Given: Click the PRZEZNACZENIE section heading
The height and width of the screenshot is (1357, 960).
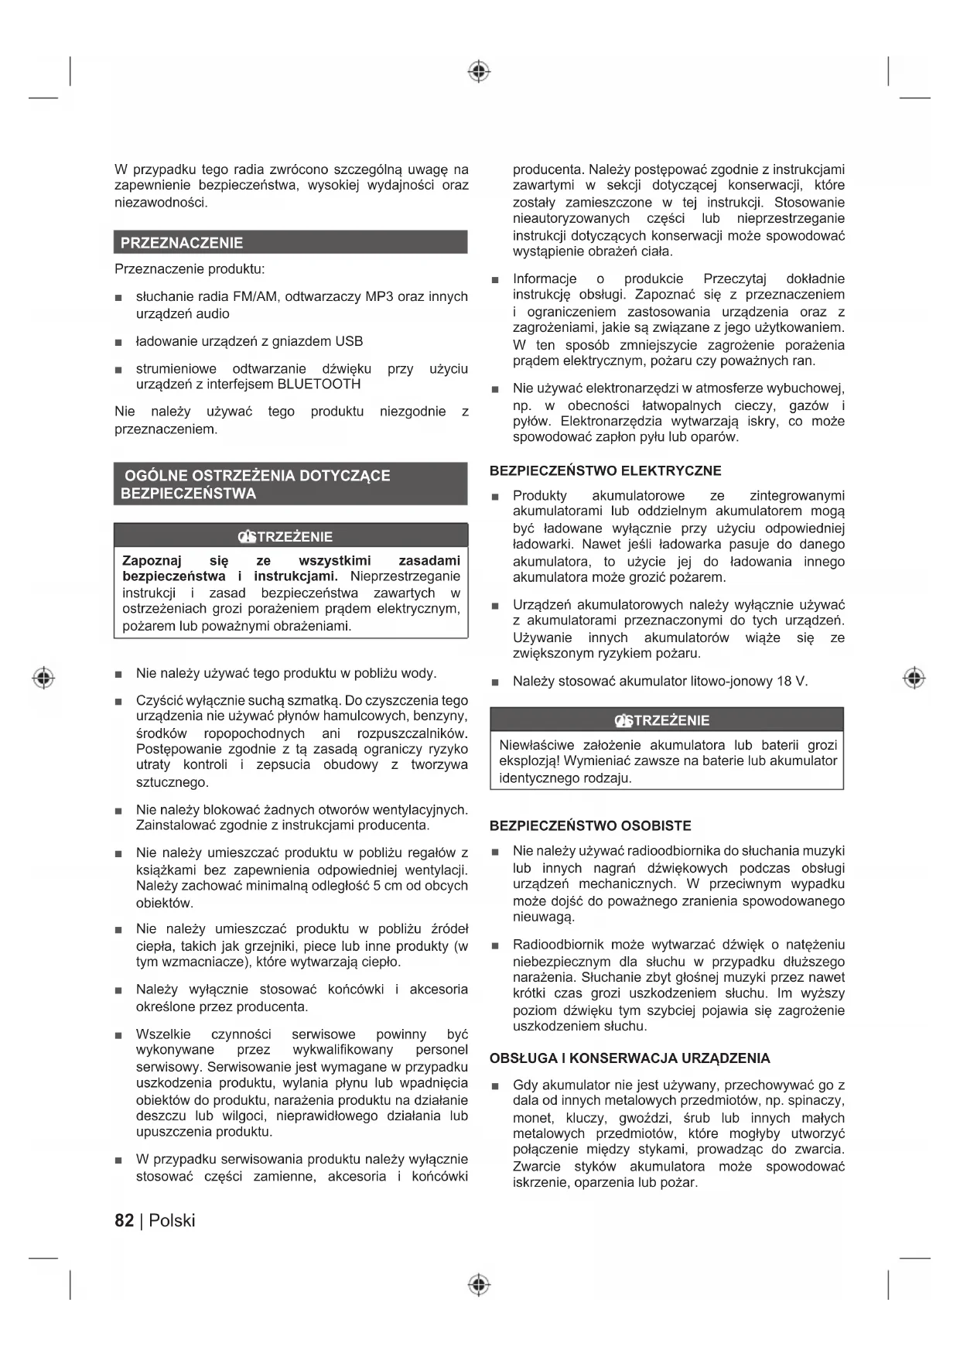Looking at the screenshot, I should [x=182, y=243].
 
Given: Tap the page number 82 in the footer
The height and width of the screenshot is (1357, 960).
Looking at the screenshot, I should [x=124, y=1221].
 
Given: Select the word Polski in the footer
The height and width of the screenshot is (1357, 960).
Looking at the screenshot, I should [x=172, y=1221].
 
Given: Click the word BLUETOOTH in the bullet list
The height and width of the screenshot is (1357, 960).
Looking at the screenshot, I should [x=319, y=385].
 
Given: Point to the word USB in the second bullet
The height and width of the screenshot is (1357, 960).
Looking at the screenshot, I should [x=349, y=341].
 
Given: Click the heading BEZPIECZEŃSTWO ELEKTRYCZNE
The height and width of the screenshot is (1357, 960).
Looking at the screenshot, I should [x=605, y=470].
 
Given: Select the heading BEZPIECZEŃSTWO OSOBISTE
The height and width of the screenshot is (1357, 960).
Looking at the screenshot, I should [x=590, y=825].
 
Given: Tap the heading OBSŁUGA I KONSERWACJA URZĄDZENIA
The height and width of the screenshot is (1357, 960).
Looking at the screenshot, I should [x=630, y=1058].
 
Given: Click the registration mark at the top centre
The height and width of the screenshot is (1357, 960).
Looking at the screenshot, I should [x=480, y=72].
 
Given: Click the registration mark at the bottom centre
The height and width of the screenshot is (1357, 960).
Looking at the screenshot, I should [x=480, y=1285].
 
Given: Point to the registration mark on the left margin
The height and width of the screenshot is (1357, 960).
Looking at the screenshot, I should [x=44, y=678].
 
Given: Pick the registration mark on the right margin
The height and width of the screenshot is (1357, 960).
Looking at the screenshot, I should [x=914, y=678].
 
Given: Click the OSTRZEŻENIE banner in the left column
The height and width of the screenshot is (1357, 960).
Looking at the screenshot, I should [x=291, y=536].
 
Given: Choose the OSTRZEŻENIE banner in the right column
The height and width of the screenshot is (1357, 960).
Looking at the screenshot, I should [x=667, y=720].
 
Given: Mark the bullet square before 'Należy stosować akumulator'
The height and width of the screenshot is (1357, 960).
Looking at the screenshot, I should [x=495, y=682].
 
